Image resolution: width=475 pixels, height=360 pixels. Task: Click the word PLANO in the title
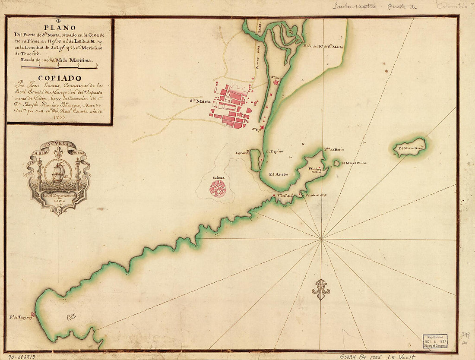point(60,28)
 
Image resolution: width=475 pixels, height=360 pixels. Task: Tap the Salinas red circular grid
point(218,189)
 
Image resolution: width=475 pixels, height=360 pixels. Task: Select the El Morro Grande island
point(410,147)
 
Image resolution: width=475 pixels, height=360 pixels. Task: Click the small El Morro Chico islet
point(337,163)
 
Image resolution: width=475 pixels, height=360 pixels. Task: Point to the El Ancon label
point(278,174)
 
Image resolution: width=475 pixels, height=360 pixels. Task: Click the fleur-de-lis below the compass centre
point(321,290)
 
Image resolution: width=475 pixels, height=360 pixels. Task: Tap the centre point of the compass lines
point(321,238)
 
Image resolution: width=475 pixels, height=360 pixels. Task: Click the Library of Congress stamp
point(435,341)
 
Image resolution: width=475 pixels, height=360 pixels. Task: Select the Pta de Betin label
point(335,149)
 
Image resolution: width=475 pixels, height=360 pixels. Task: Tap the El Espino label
point(274,152)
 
